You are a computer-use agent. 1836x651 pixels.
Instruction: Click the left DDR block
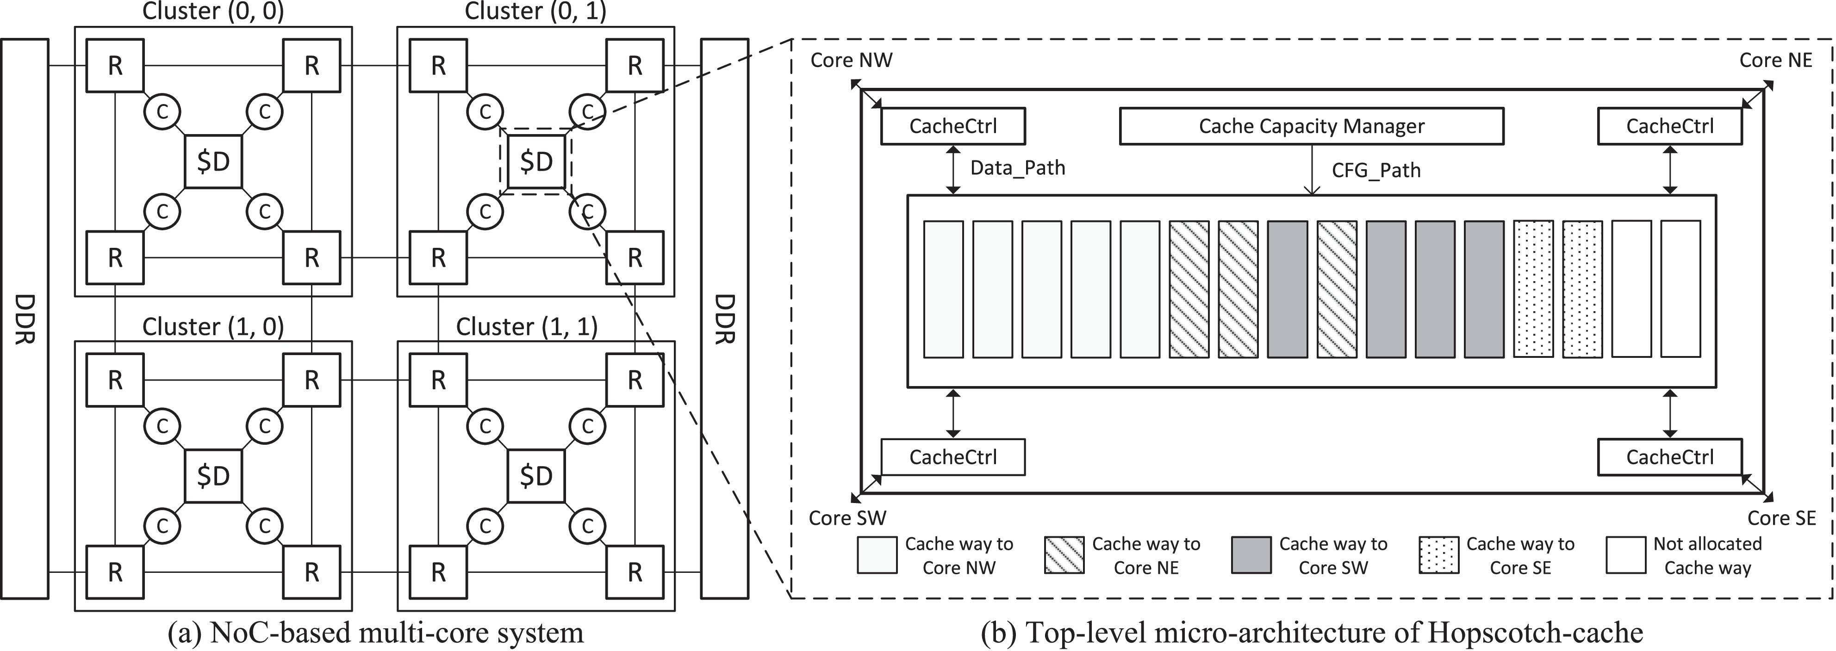25,319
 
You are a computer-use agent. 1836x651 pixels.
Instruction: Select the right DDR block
724,319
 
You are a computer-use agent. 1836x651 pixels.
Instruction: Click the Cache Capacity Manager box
1312,126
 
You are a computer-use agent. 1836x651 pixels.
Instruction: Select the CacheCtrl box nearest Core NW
953,126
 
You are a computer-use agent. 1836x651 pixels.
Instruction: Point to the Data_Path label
1017,168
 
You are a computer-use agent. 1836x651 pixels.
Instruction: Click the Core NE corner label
1775,61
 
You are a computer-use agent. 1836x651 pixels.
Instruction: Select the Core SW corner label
847,518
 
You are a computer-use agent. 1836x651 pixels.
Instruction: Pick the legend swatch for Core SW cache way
1251,555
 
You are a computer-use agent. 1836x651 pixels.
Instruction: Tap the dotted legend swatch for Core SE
1438,555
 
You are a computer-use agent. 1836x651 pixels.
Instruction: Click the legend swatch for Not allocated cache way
1626,555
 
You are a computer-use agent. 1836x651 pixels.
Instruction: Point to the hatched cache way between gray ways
1336,289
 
